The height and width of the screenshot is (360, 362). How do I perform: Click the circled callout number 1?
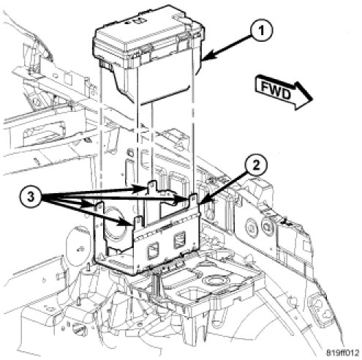(261, 31)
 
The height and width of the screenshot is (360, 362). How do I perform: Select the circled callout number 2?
(256, 166)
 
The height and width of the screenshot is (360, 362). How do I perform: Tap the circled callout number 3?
(31, 197)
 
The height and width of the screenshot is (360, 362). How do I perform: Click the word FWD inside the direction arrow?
(276, 90)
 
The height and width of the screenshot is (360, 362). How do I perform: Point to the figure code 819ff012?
(342, 353)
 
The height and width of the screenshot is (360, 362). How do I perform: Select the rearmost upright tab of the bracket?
(152, 187)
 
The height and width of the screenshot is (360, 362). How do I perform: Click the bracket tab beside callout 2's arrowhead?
(193, 199)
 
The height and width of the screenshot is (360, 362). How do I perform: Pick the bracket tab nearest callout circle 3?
(99, 207)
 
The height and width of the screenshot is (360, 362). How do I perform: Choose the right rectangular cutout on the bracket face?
(179, 240)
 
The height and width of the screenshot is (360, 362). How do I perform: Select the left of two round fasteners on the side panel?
(251, 225)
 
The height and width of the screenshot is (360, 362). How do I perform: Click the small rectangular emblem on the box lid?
(137, 21)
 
